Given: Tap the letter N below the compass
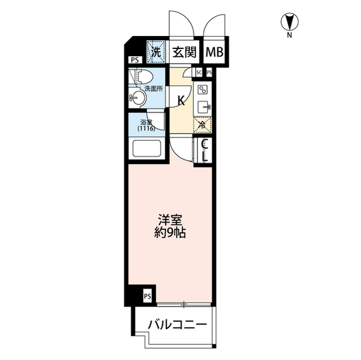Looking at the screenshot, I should click(289, 35).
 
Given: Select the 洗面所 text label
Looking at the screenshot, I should click(153, 88).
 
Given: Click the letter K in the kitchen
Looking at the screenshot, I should click(182, 101).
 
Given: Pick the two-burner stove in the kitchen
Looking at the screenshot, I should click(202, 89).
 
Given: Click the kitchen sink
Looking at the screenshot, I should click(202, 106).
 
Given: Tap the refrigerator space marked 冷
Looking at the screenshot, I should click(202, 125).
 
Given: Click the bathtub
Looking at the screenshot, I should click(146, 150).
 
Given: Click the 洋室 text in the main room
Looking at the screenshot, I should click(170, 219).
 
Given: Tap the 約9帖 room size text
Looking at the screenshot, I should click(170, 232).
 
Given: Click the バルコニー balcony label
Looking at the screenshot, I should click(174, 325).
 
